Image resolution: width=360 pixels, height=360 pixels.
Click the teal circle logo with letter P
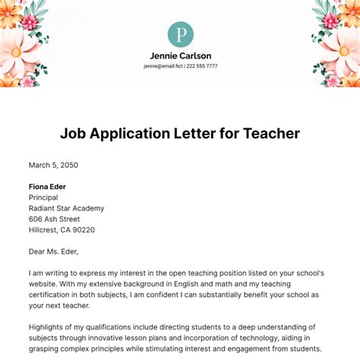(x=180, y=34)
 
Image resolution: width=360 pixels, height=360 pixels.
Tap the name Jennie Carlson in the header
(x=180, y=56)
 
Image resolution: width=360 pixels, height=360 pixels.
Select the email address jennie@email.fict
(x=162, y=66)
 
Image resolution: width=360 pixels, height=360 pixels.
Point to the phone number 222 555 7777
(x=201, y=66)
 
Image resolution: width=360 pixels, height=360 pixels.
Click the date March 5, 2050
(x=53, y=165)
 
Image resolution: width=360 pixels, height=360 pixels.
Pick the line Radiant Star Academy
(x=66, y=208)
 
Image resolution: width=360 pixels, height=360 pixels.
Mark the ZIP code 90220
(x=103, y=230)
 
